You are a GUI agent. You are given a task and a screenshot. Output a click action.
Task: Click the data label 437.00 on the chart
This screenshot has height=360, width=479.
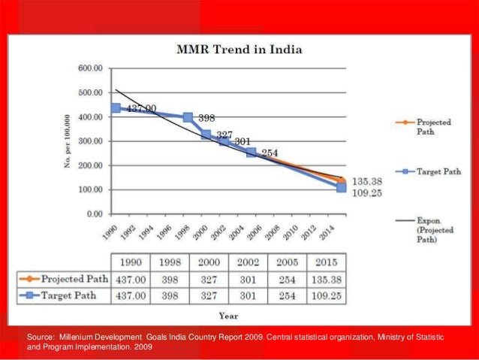(x=140, y=110)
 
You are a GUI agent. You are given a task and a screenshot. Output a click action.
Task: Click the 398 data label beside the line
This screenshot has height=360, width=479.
(x=206, y=119)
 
